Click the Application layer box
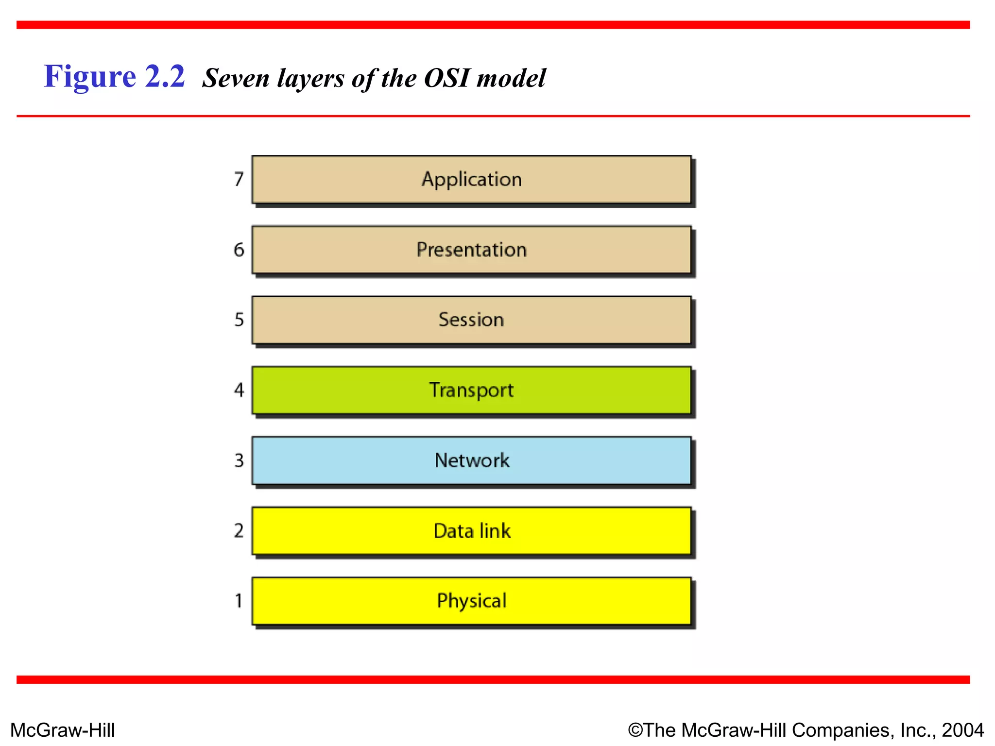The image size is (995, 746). (x=471, y=179)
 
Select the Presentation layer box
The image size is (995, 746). (x=471, y=250)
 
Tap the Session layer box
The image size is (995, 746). (x=471, y=320)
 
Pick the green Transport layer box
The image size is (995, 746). (x=471, y=390)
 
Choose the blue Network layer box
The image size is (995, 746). (x=471, y=460)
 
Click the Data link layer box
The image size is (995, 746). (x=471, y=531)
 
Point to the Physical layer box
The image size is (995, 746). (x=471, y=601)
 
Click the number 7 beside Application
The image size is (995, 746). (x=239, y=179)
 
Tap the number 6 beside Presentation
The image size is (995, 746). (x=239, y=250)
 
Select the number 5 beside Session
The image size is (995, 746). (x=239, y=320)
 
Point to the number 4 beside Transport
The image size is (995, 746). (x=239, y=390)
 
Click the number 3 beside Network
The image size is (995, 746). (x=239, y=460)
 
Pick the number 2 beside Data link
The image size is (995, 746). (x=239, y=530)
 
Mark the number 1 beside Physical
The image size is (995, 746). (x=239, y=601)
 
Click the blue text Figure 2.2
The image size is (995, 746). (x=115, y=77)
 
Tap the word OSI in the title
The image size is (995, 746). (x=446, y=78)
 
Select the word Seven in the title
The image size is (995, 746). (x=236, y=78)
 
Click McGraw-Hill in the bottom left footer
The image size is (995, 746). (x=63, y=730)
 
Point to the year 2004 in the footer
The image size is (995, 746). (x=963, y=730)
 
